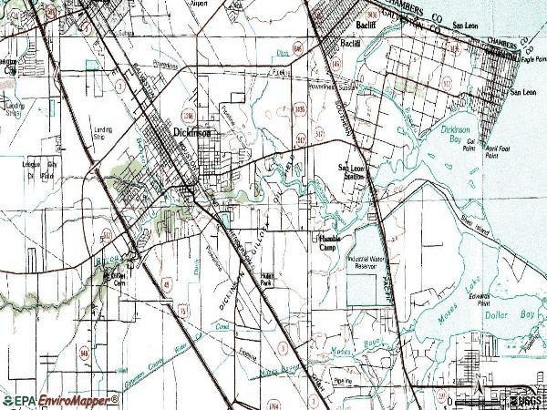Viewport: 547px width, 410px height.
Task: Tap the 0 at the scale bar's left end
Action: pyautogui.click(x=441, y=400)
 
